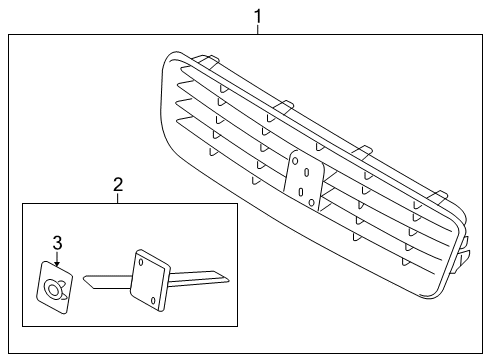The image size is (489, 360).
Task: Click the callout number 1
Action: pos(258,17)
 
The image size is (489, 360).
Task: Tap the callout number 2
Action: pos(118,184)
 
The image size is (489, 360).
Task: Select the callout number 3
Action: pos(57,243)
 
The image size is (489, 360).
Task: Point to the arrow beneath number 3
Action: pos(57,259)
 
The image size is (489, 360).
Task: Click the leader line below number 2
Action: pos(118,198)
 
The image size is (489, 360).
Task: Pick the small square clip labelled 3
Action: pos(54,287)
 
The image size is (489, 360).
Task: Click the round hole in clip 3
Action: pos(52,288)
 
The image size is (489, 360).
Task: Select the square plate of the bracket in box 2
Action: pos(150,280)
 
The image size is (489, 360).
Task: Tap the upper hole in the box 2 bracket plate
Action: pos(141,262)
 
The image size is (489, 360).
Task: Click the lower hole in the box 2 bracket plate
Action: pos(153,300)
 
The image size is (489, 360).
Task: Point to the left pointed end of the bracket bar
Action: pos(84,277)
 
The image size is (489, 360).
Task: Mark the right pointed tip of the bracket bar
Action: pos(229,281)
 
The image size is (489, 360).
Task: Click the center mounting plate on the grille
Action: pos(304,180)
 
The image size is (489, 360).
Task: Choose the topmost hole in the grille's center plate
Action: pos(295,161)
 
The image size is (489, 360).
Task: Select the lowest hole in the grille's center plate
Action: pos(312,202)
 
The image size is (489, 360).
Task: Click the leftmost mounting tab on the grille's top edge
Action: pos(206,60)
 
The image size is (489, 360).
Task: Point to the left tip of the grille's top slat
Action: pos(182,69)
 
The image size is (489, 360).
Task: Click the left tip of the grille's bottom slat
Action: pos(178,120)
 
